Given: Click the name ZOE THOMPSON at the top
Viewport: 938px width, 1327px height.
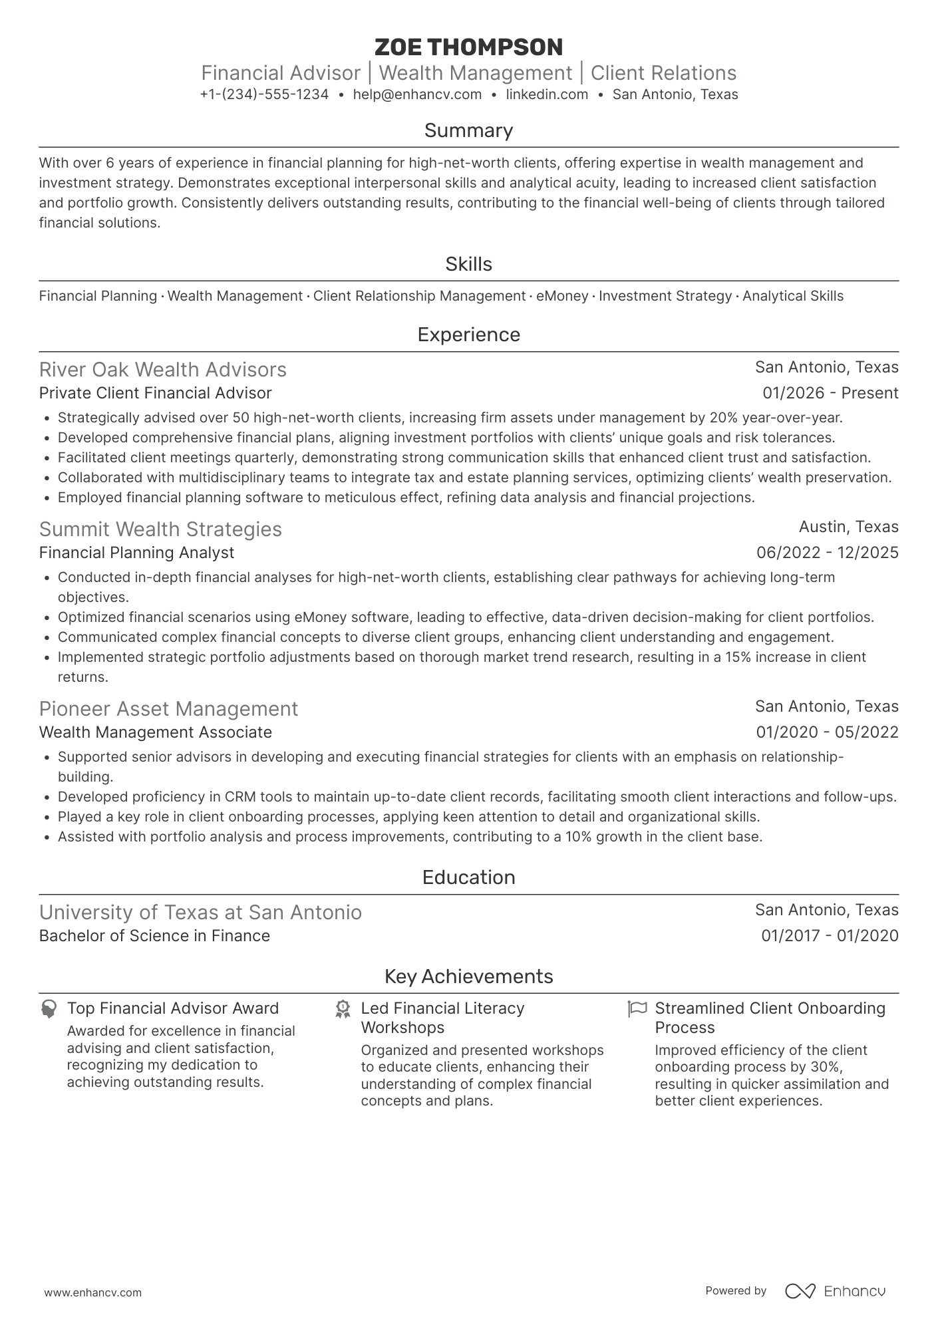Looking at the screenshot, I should coord(468,47).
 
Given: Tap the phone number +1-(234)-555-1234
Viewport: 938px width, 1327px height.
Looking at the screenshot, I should coord(264,94).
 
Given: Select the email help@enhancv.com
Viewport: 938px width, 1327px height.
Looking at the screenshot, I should coord(417,94).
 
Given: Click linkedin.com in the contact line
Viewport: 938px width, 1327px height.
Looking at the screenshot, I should coord(547,94).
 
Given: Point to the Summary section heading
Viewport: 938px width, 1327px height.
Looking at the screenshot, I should coord(468,130).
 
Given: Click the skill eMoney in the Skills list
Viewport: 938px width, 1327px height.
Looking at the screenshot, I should coord(562,296).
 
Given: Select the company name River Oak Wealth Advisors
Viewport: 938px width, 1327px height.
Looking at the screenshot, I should coord(163,370).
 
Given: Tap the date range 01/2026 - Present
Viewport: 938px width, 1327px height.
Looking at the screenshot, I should coord(830,393).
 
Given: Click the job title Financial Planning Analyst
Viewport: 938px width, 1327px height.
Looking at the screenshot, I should coord(136,553).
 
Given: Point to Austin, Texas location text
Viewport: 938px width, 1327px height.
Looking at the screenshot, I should coord(848,527).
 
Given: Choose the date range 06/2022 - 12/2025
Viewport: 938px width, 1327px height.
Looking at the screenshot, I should coord(827,553).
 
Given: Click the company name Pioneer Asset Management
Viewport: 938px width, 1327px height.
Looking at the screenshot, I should coord(168,709).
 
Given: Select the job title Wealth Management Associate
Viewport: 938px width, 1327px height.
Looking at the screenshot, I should coord(155,732).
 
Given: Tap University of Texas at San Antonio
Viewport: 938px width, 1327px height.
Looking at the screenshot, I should coord(200,913).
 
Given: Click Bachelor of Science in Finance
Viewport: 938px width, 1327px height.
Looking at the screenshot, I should coord(154,936).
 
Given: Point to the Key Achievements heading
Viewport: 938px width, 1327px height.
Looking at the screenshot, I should coord(468,976).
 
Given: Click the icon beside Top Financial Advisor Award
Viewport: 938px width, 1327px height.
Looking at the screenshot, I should coord(48,1009).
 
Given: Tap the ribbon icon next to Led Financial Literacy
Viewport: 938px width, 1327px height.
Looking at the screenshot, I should coord(343,1009).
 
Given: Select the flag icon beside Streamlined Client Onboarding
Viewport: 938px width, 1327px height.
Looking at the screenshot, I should coord(637,1009).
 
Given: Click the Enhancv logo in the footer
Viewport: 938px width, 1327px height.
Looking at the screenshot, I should coord(835,1291).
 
